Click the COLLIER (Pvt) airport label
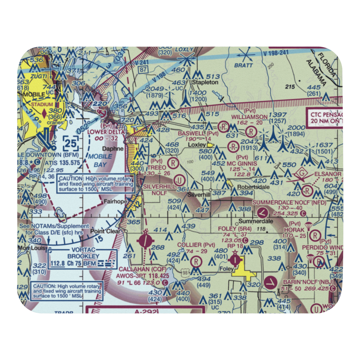coord(196,245)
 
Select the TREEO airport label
coord(157,167)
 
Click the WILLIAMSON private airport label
coord(249,117)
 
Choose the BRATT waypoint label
coord(243,66)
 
